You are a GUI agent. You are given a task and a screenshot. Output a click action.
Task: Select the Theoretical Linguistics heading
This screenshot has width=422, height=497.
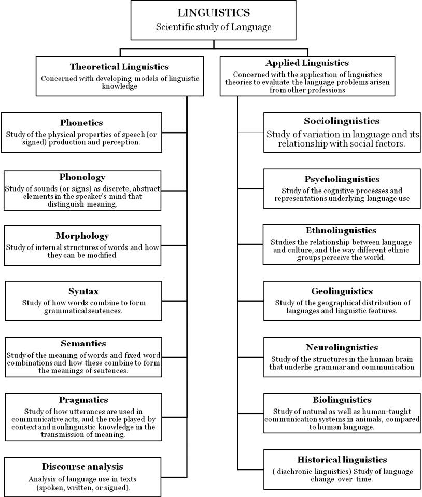(x=119, y=67)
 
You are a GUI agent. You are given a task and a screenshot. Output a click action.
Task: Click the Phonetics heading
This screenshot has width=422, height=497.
(x=81, y=123)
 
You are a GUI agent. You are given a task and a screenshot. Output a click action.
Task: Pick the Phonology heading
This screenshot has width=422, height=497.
(x=82, y=177)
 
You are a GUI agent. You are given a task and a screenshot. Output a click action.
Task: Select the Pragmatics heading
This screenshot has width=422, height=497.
(x=83, y=400)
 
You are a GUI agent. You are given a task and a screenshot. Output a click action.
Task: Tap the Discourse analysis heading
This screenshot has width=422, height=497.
(x=83, y=466)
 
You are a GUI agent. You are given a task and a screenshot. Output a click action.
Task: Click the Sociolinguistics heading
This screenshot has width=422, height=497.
(x=341, y=121)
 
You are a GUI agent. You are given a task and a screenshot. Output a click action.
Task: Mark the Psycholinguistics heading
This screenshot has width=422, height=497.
(x=342, y=179)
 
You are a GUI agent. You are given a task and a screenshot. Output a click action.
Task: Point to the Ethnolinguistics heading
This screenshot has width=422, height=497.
(x=341, y=230)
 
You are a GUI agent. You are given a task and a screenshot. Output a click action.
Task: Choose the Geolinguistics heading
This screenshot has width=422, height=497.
(x=342, y=291)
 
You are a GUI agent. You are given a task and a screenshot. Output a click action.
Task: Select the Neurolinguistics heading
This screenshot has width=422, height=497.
(x=342, y=347)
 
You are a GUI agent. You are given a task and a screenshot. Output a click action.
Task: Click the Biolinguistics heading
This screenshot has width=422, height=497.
(x=342, y=400)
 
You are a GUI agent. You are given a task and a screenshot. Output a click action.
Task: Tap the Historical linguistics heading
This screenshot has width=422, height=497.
(x=342, y=459)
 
